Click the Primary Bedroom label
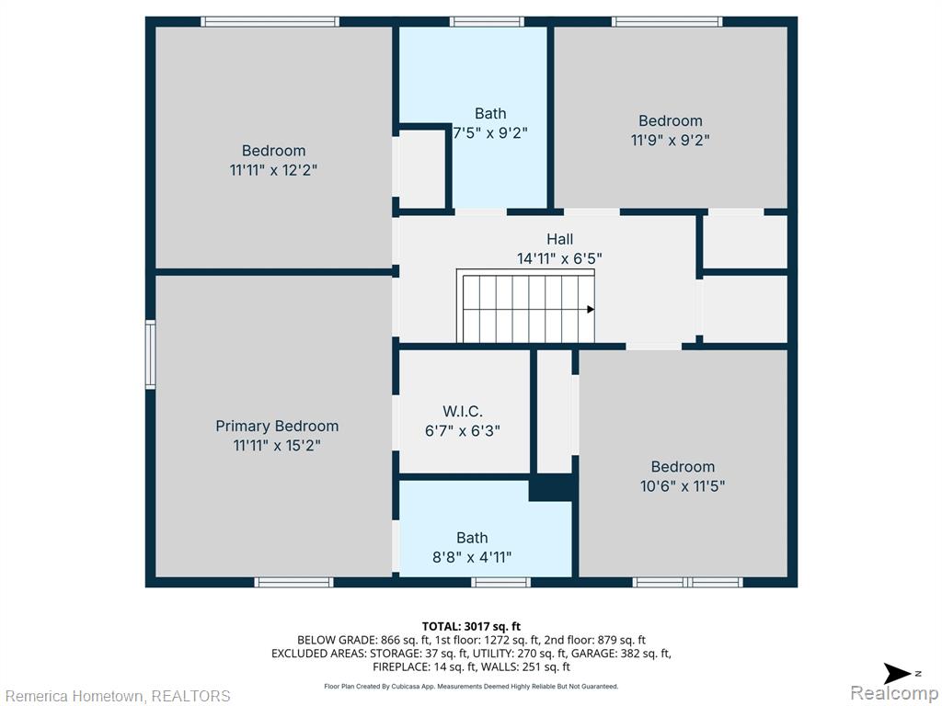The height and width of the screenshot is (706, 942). (277, 427)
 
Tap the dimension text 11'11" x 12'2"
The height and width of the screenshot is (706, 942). (273, 170)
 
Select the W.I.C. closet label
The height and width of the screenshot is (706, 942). (463, 411)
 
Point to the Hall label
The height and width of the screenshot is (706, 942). (559, 239)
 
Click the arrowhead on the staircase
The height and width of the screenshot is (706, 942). (591, 310)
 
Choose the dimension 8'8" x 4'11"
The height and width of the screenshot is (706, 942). (472, 557)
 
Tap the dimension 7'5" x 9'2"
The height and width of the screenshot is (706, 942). (490, 132)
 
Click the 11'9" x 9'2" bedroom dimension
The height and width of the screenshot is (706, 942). (671, 140)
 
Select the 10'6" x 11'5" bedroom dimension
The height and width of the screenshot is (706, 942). (683, 485)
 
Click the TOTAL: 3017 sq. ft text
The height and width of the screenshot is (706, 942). (471, 627)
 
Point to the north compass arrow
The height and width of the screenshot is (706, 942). (898, 674)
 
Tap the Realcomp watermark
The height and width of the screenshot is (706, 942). (895, 692)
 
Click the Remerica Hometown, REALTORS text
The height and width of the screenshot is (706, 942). (118, 696)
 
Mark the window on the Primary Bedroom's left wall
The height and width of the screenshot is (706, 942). (150, 355)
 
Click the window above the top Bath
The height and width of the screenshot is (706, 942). (487, 22)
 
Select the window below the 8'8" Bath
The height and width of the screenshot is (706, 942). (500, 582)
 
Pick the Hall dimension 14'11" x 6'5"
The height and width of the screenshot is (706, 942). (559, 258)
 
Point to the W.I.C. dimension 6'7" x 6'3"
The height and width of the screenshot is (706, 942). (463, 430)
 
